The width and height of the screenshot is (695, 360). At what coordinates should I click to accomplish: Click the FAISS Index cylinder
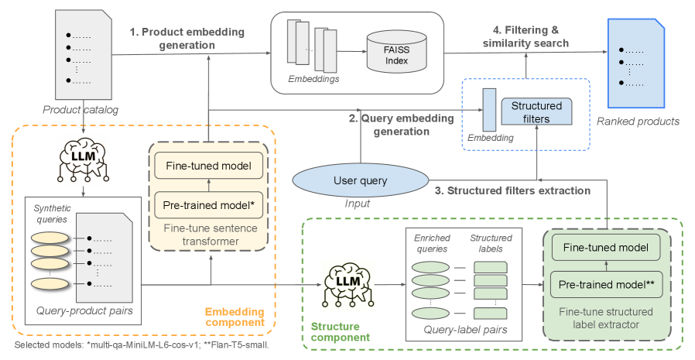click(392, 52)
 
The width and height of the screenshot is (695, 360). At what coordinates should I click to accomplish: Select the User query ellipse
click(360, 180)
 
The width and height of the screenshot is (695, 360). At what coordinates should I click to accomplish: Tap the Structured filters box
click(536, 111)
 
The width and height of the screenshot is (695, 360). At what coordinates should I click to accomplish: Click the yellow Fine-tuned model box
click(209, 166)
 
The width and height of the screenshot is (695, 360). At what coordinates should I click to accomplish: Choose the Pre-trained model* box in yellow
click(209, 205)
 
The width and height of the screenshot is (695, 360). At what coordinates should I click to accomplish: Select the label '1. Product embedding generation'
click(187, 38)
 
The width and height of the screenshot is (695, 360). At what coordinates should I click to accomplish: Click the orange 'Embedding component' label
click(234, 317)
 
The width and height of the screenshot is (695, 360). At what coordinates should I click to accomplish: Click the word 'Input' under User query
click(357, 204)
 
